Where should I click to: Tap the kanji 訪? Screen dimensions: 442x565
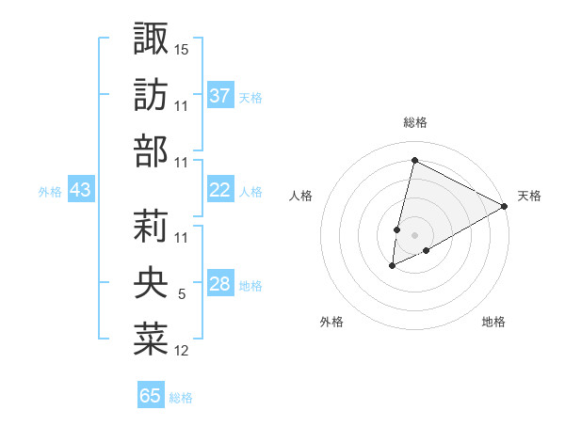(x=151, y=95)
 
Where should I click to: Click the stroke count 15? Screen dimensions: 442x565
(x=182, y=48)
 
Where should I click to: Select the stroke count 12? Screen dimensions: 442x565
(x=182, y=352)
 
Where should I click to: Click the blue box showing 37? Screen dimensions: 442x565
(x=220, y=96)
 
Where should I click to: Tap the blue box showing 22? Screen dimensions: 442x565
(x=220, y=191)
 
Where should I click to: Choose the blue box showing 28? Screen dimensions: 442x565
(x=220, y=285)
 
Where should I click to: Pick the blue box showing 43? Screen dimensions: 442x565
(x=81, y=191)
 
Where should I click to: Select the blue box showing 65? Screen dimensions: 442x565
(x=151, y=396)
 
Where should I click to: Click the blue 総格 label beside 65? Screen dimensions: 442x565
(x=181, y=398)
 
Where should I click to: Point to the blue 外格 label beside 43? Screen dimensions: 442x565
(x=49, y=192)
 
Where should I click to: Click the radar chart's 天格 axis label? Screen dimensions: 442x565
(x=529, y=196)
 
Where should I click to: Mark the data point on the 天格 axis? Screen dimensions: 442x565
(x=506, y=206)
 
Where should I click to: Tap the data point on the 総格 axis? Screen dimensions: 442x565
(x=413, y=161)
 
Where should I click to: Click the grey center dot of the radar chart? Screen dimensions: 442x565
(x=413, y=234)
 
